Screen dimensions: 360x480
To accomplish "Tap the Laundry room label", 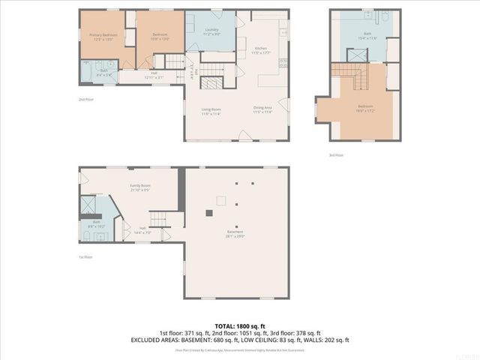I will click(x=212, y=31).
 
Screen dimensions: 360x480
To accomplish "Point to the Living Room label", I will click(x=211, y=111).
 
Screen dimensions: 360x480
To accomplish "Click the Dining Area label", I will click(x=262, y=109).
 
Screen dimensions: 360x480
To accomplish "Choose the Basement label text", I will click(x=236, y=233).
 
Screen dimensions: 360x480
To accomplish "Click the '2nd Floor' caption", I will click(x=85, y=99).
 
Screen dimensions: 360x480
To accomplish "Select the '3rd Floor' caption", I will click(x=335, y=155).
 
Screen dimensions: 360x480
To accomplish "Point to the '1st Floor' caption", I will click(x=85, y=256).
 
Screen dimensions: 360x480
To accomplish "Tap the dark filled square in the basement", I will click(x=211, y=212).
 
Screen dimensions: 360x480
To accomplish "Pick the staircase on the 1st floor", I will click(x=160, y=220).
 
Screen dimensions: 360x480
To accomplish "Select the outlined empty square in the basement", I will click(x=220, y=199).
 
